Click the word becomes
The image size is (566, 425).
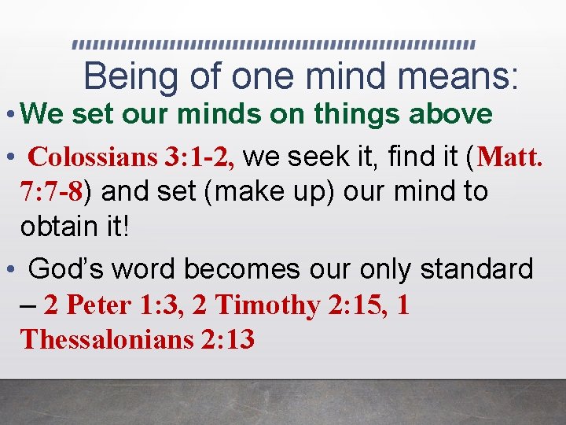[x=249, y=270]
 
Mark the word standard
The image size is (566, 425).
[x=478, y=270]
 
